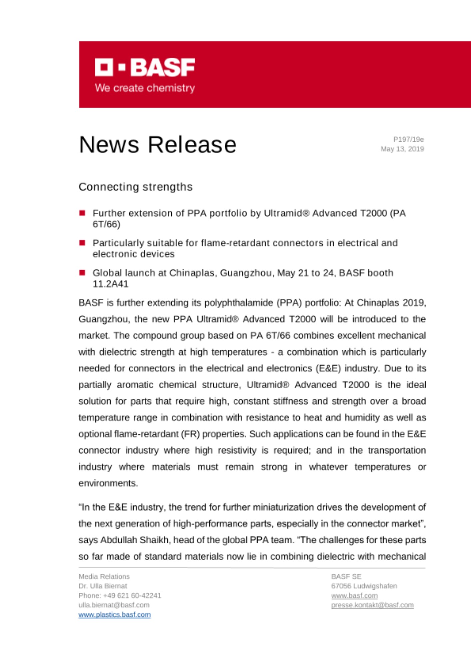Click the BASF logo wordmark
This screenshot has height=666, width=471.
pyautogui.click(x=145, y=67)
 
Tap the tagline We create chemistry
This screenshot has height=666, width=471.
pyautogui.click(x=145, y=88)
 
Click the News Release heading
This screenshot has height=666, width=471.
pyautogui.click(x=158, y=145)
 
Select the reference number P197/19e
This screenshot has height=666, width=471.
pyautogui.click(x=408, y=139)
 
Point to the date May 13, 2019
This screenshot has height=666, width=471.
pyautogui.click(x=402, y=149)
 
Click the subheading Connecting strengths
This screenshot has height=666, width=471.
pyautogui.click(x=135, y=187)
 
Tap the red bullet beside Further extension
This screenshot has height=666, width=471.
pyautogui.click(x=82, y=213)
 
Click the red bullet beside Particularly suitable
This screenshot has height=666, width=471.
pyautogui.click(x=82, y=243)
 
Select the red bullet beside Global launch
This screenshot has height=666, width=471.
pyautogui.click(x=82, y=273)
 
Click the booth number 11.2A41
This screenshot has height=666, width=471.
pyautogui.click(x=110, y=284)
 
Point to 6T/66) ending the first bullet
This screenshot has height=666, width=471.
pyautogui.click(x=106, y=224)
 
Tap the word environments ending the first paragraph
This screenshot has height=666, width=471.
pyautogui.click(x=108, y=483)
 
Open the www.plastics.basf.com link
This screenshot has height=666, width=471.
pyautogui.click(x=115, y=615)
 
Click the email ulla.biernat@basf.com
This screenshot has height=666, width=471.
pyautogui.click(x=114, y=605)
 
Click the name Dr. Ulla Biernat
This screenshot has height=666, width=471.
pyautogui.click(x=103, y=586)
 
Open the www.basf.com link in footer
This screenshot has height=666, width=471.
pyautogui.click(x=354, y=595)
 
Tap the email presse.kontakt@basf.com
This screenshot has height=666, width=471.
pyautogui.click(x=372, y=605)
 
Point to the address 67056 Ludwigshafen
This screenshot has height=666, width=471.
pyautogui.click(x=364, y=586)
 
